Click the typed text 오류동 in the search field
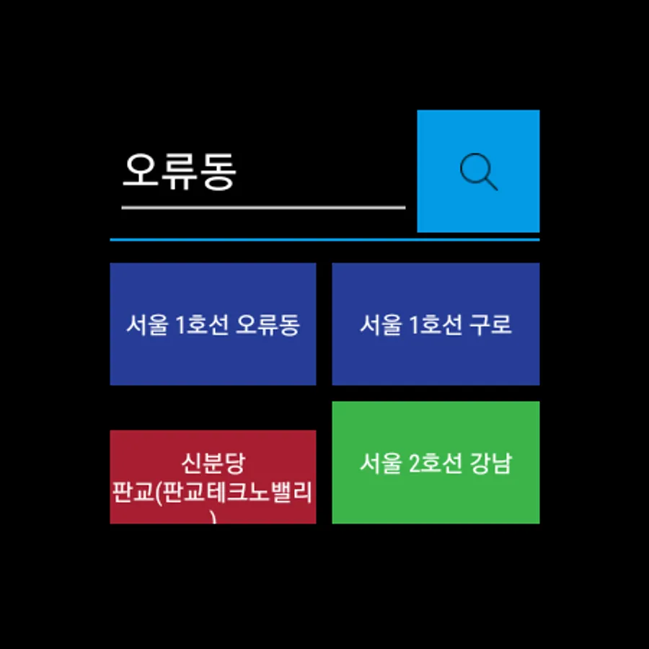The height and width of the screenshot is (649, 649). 180,171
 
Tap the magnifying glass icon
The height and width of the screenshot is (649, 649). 479,172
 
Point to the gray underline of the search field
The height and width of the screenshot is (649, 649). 263,208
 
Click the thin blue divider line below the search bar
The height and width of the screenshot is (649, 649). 324,239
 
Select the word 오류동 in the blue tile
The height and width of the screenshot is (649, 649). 268,324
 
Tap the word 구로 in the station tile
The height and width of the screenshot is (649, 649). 490,324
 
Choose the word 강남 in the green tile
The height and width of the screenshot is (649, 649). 491,463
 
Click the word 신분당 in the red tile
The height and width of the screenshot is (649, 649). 213,463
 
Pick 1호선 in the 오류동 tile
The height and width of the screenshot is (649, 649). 202,324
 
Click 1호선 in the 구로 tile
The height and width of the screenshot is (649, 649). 436,324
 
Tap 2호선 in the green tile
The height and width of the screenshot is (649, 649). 436,463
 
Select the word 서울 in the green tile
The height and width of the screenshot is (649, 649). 380,463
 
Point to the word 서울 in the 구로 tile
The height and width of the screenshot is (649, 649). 380,324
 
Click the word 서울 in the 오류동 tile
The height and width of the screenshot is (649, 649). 147,324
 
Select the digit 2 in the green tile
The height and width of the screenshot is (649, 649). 415,463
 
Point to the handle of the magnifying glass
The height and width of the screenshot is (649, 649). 491,184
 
